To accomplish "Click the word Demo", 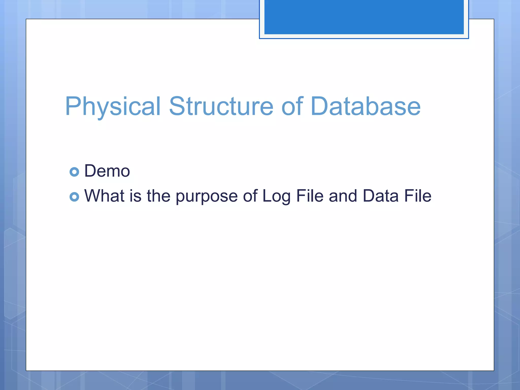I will [x=107, y=171].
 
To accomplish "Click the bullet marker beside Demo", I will [x=74, y=172].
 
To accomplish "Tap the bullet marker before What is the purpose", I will [x=74, y=197].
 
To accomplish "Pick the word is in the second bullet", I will [x=135, y=196].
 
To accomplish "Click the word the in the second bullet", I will [x=158, y=196].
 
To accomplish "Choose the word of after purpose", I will [x=250, y=196].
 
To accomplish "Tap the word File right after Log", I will [x=310, y=196].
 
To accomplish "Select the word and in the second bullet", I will [x=343, y=196].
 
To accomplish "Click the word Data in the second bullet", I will [x=380, y=196].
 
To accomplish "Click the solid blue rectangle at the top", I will [x=364, y=17].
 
